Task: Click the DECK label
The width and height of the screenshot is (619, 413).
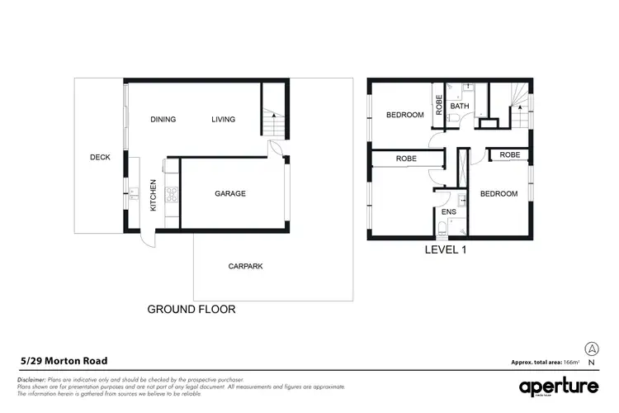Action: (x=100, y=157)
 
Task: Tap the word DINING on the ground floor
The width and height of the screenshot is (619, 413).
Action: (x=163, y=120)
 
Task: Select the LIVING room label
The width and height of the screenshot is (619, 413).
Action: (x=223, y=120)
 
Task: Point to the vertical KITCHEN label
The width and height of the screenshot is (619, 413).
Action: (x=153, y=196)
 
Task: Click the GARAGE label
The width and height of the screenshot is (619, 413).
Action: (x=230, y=193)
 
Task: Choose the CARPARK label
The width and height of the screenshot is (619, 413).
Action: (x=245, y=266)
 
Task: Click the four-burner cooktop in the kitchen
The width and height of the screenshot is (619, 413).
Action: (x=172, y=195)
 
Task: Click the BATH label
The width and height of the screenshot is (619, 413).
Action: (x=460, y=107)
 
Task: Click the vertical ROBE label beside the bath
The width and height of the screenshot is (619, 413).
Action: (x=439, y=105)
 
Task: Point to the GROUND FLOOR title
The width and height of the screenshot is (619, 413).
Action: (x=191, y=310)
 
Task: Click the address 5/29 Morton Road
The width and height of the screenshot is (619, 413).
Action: (x=64, y=361)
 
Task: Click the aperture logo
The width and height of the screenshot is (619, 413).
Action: (x=559, y=387)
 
